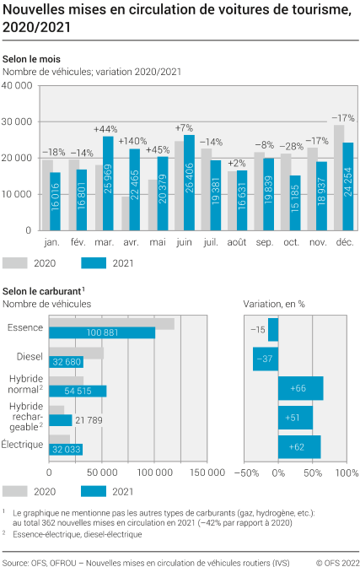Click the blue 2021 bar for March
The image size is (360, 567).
pyautogui.click(x=108, y=183)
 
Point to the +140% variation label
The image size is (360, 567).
pyautogui.click(x=132, y=140)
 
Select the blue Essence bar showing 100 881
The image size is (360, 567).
pyautogui.click(x=102, y=332)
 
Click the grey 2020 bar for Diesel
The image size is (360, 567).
pyautogui.click(x=76, y=353)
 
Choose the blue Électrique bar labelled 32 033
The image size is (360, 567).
pyautogui.click(x=66, y=449)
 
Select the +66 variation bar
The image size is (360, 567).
pyautogui.click(x=300, y=388)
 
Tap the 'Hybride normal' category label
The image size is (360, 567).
pyautogui.click(x=25, y=385)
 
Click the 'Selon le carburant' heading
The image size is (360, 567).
pyautogui.click(x=41, y=290)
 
